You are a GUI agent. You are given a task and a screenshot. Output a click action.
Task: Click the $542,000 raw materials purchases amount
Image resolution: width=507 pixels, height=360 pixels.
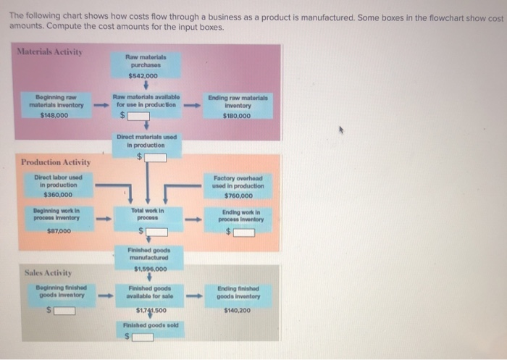pyautogui.click(x=143, y=75)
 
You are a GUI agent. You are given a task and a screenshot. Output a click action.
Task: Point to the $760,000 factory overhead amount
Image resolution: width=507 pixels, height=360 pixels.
pyautogui.click(x=238, y=195)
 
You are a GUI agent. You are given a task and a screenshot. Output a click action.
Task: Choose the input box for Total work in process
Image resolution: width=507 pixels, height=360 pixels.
pyautogui.click(x=157, y=232)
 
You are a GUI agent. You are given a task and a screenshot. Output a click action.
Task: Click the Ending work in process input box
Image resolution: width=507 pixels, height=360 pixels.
pyautogui.click(x=243, y=232)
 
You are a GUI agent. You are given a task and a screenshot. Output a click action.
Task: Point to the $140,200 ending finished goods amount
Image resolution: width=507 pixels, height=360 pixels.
pyautogui.click(x=238, y=310)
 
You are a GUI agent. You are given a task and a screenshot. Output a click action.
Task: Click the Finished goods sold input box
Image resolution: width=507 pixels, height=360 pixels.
pyautogui.click(x=141, y=336)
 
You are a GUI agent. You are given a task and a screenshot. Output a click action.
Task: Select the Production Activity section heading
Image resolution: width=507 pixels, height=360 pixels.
pyautogui.click(x=56, y=162)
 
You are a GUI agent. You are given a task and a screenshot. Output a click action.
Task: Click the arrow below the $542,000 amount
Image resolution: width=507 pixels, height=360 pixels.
pyautogui.click(x=148, y=85)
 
